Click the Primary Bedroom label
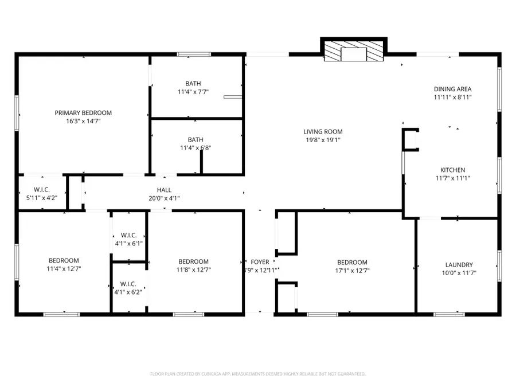click(83, 113)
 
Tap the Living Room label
click(323, 132)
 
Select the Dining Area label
click(452, 89)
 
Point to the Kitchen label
click(452, 170)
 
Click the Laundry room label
click(459, 265)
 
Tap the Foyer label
click(260, 262)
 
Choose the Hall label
click(164, 190)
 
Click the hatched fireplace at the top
click(353, 50)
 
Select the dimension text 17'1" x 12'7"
click(352, 270)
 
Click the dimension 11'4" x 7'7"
click(193, 91)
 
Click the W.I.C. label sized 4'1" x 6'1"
click(128, 235)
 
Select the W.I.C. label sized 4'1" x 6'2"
click(128, 283)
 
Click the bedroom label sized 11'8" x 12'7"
click(193, 261)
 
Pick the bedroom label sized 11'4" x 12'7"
click(63, 260)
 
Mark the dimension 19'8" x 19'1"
click(323, 140)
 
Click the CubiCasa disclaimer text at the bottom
click(257, 374)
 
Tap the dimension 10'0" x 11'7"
click(459, 273)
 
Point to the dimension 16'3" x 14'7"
click(83, 121)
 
